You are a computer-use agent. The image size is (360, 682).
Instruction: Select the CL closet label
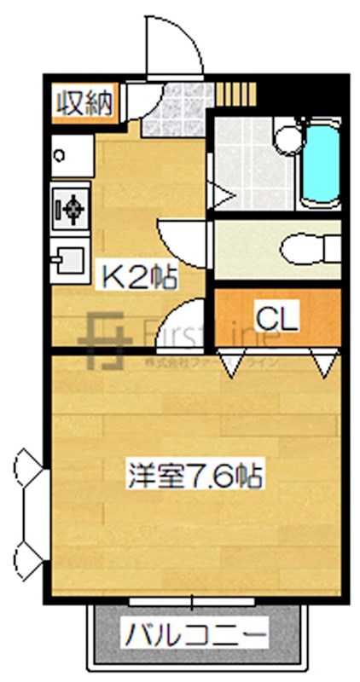click(277, 321)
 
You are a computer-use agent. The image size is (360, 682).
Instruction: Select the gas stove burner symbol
click(70, 207)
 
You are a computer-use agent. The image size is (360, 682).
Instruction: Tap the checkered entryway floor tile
click(176, 108)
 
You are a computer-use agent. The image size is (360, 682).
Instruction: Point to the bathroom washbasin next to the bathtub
click(287, 138)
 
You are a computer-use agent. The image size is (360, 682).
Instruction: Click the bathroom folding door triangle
click(222, 197)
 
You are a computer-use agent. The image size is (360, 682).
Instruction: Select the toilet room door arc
click(177, 238)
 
